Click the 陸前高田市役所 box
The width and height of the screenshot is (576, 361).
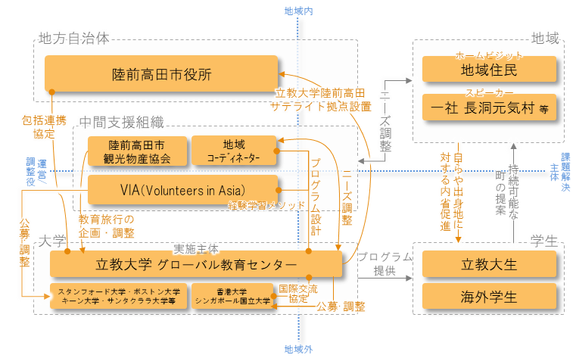click(x=161, y=74)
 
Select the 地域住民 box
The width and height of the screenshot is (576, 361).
click(x=489, y=70)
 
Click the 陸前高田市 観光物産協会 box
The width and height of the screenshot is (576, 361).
click(x=136, y=151)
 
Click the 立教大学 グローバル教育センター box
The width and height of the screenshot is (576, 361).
click(x=197, y=264)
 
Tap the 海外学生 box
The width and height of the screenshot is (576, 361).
click(x=489, y=296)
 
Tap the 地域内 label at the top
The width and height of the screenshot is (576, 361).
click(x=298, y=11)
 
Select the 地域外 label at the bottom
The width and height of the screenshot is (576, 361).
click(x=298, y=350)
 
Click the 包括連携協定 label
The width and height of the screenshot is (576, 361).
click(x=44, y=126)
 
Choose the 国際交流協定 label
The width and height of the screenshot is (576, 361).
click(x=298, y=294)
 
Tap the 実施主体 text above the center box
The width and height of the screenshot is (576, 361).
click(x=196, y=247)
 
